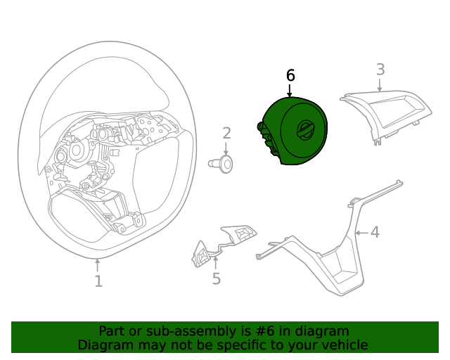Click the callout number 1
click(x=98, y=281)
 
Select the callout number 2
click(x=226, y=133)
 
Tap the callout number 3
click(x=380, y=70)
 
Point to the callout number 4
click(x=375, y=232)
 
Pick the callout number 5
click(x=217, y=279)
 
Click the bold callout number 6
click(x=290, y=75)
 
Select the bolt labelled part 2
click(x=223, y=164)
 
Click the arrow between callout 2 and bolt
click(x=226, y=149)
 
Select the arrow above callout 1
click(x=98, y=265)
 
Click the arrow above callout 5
click(x=217, y=263)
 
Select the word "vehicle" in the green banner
click(x=342, y=345)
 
